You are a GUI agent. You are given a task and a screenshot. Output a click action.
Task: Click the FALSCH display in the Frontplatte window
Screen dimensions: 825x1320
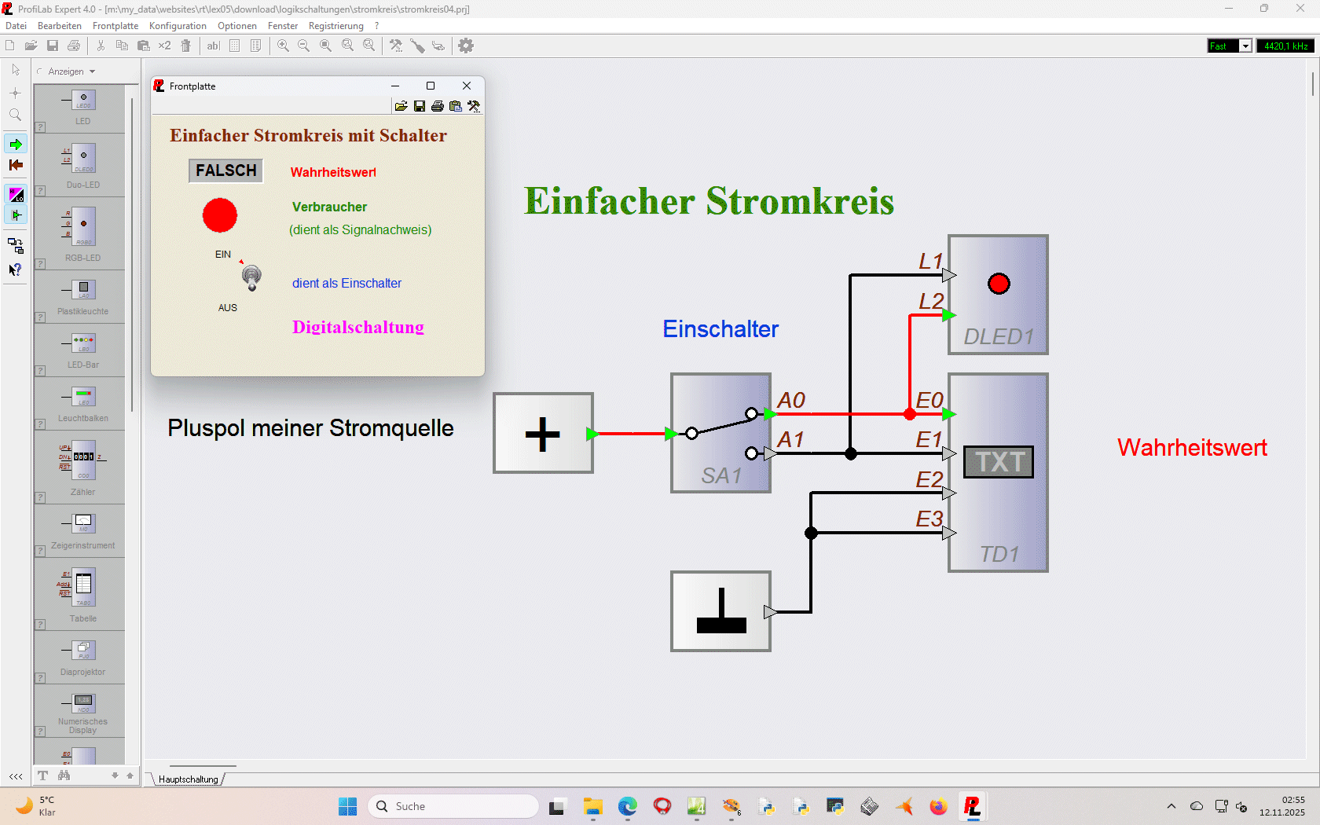tap(225, 170)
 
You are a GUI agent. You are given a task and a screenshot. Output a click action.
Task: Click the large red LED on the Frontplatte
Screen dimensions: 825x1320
tap(220, 215)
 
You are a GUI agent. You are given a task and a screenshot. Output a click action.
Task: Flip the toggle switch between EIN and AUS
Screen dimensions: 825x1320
tap(251, 277)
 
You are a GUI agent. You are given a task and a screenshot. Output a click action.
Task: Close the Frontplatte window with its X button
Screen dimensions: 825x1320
tap(467, 86)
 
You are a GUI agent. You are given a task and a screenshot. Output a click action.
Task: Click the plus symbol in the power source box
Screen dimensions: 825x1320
tap(542, 434)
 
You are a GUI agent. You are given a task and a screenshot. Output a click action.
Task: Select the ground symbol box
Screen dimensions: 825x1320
tap(720, 611)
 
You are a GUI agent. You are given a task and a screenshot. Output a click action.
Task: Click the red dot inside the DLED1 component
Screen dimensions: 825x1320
tap(999, 284)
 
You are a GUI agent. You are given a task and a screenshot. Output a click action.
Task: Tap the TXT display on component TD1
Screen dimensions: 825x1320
tap(999, 461)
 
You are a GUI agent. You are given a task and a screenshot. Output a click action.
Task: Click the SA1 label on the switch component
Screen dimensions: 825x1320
tap(721, 475)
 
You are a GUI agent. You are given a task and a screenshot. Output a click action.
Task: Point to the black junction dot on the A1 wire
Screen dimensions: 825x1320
tap(851, 453)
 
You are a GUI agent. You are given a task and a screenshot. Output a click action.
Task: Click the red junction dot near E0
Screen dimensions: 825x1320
tap(910, 414)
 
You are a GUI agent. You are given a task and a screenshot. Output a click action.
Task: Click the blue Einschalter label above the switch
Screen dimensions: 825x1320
tap(720, 328)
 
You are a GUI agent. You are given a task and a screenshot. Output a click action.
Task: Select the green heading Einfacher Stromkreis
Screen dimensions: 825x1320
tap(709, 201)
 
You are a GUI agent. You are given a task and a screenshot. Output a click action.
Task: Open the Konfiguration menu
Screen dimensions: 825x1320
tap(178, 26)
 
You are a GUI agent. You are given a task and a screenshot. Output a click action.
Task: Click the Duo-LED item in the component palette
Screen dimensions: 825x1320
tap(83, 165)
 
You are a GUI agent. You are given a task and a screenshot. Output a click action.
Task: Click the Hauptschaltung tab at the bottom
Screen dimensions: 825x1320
tap(189, 779)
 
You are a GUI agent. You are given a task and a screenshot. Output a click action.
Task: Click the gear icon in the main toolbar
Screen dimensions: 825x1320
tap(466, 46)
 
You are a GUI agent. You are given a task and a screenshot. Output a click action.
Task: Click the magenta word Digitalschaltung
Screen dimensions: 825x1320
tap(358, 327)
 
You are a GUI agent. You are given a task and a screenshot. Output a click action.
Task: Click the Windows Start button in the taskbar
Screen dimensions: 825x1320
tap(347, 806)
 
